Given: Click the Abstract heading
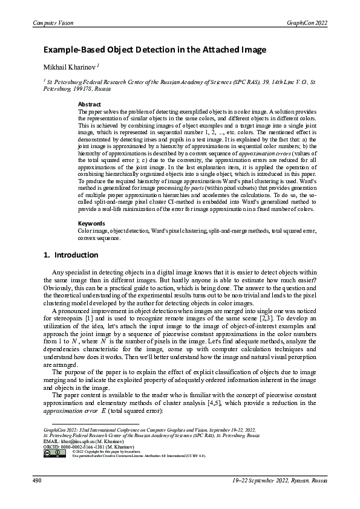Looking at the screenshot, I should coord(90,105).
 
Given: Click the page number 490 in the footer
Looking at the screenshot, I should coord(37,481).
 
